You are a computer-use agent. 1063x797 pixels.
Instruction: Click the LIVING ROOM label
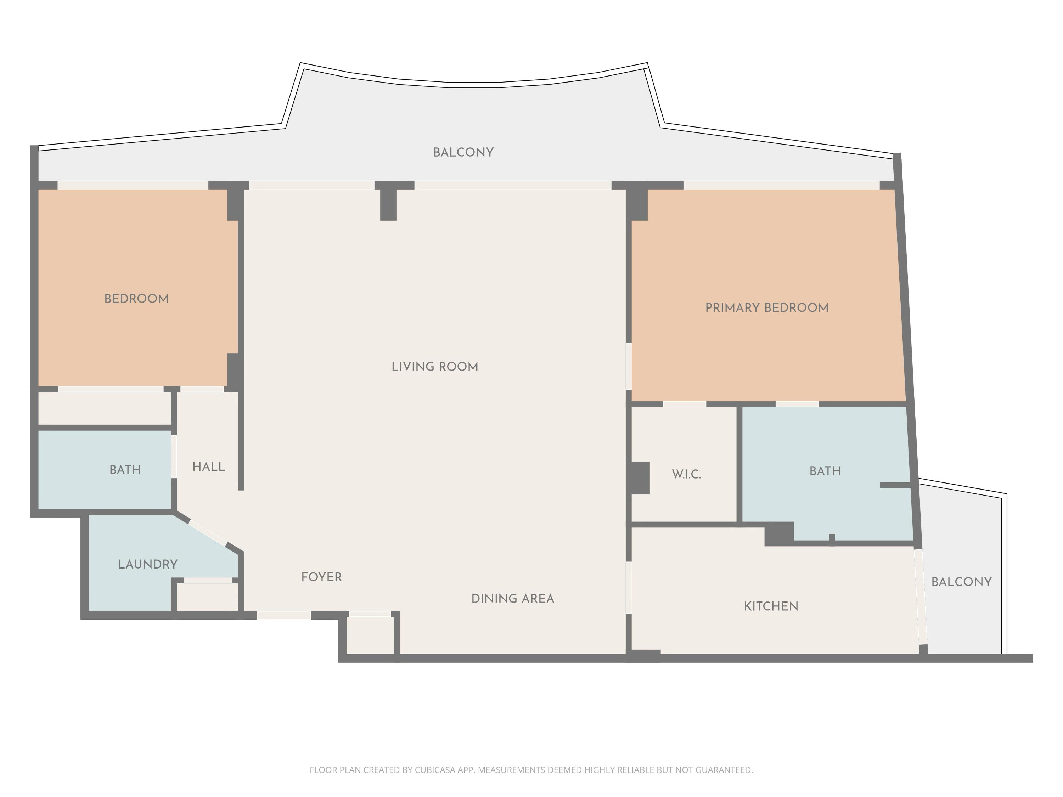[434, 367]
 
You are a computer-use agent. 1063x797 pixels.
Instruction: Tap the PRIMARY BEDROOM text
[766, 308]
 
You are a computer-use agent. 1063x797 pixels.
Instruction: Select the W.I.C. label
[686, 475]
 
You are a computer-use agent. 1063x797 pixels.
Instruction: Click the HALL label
[209, 467]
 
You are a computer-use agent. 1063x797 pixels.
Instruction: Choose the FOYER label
[321, 577]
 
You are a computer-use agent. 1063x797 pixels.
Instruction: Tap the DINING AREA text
[512, 599]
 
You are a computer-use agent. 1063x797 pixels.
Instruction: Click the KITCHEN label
[771, 606]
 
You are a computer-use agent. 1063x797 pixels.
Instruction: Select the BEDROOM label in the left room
[136, 299]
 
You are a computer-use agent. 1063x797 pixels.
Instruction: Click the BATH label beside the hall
[125, 470]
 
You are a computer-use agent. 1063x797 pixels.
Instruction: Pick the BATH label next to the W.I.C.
[825, 471]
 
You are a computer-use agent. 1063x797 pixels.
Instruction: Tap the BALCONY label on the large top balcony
[463, 152]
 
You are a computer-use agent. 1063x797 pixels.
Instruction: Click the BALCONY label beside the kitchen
[961, 582]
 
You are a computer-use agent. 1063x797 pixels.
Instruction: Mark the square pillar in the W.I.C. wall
[640, 477]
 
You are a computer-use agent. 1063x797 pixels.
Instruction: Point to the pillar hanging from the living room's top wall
[388, 204]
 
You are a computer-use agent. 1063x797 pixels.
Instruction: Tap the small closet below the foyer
[370, 635]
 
